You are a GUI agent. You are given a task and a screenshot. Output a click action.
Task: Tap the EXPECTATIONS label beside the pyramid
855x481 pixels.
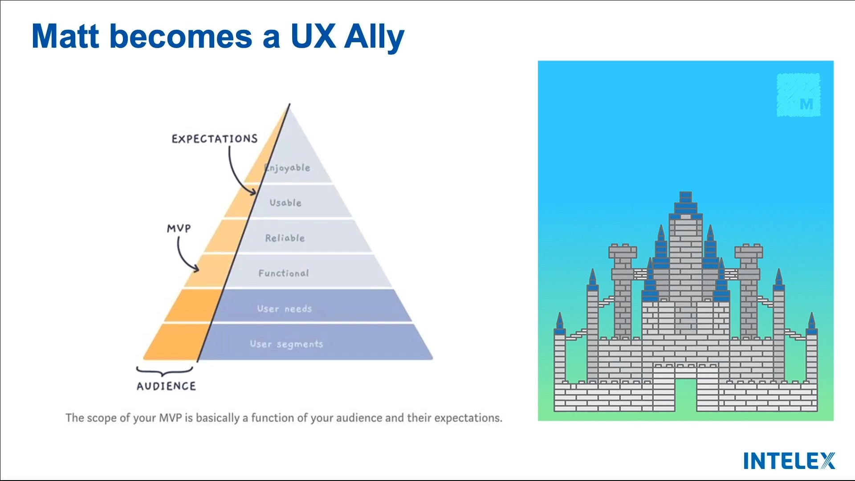click(x=215, y=139)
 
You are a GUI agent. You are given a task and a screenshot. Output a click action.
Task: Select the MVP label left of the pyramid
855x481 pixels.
click(x=179, y=228)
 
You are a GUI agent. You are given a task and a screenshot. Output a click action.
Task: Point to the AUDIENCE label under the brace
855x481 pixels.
click(x=166, y=386)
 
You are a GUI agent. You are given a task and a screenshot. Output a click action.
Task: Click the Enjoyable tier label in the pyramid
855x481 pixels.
click(x=288, y=168)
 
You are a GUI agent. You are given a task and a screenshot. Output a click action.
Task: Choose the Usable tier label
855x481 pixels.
click(x=285, y=203)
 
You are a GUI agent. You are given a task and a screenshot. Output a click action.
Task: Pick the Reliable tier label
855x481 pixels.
click(x=285, y=238)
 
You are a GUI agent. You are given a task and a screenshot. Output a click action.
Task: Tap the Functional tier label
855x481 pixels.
click(x=284, y=273)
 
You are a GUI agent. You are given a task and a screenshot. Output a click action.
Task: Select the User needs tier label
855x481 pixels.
click(x=285, y=309)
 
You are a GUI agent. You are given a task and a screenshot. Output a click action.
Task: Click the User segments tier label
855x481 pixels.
click(x=286, y=344)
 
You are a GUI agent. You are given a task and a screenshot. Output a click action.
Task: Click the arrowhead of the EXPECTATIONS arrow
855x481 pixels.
click(x=254, y=192)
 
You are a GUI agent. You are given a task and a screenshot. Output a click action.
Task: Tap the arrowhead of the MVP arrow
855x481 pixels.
click(x=196, y=269)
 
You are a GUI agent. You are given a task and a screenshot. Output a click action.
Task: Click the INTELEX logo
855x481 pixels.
click(x=789, y=461)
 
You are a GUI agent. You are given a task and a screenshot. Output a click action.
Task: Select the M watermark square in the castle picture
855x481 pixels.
click(x=798, y=95)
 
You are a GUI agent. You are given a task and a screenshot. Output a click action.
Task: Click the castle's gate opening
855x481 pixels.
click(x=686, y=394)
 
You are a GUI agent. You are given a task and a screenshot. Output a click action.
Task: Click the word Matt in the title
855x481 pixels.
click(x=65, y=37)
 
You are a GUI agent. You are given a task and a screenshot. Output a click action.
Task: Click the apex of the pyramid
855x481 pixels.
click(x=289, y=105)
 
